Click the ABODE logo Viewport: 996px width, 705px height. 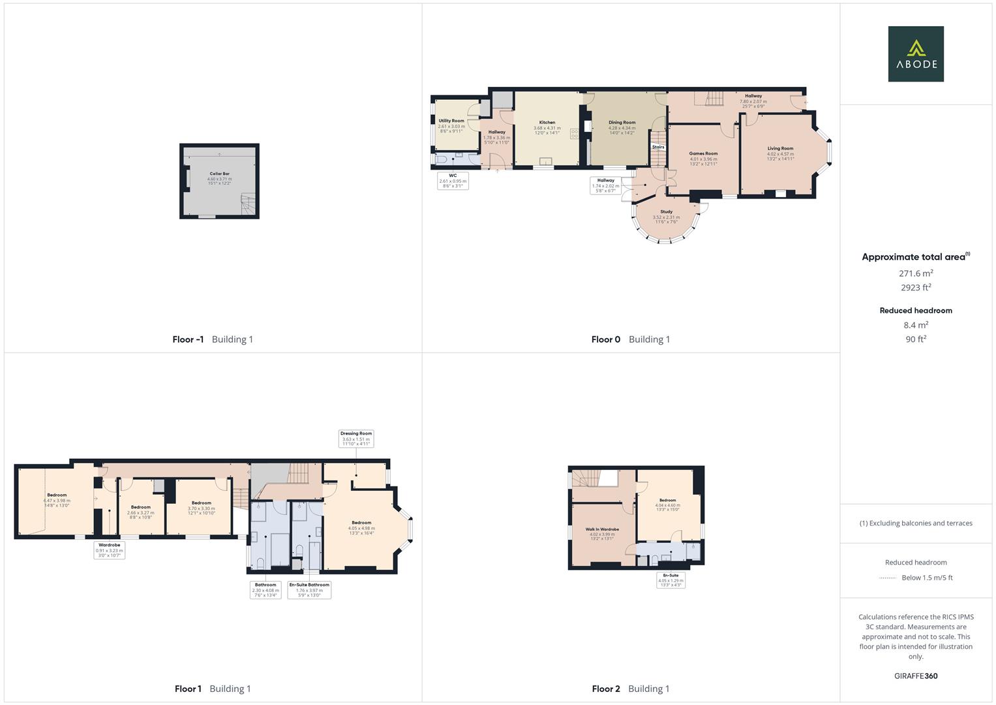click(x=916, y=54)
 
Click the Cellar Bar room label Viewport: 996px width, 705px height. click(x=219, y=174)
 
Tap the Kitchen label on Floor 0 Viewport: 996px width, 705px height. click(x=547, y=123)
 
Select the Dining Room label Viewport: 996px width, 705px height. click(x=622, y=123)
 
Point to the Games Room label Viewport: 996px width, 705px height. click(x=703, y=154)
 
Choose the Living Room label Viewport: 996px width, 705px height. click(x=780, y=149)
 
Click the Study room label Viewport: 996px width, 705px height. click(x=666, y=212)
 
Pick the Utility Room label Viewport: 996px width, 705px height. click(x=451, y=121)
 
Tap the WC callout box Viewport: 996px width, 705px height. click(x=453, y=180)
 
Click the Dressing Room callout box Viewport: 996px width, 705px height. click(x=356, y=438)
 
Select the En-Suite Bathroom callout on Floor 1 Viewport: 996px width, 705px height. click(x=309, y=590)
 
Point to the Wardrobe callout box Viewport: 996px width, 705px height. click(x=109, y=550)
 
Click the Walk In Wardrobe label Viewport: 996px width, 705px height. click(x=602, y=529)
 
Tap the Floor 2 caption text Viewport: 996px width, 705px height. click(x=606, y=689)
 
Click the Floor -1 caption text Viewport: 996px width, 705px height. click(x=188, y=339)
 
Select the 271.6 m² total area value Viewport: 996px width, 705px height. click(x=916, y=274)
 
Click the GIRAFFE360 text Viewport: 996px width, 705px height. click(x=916, y=676)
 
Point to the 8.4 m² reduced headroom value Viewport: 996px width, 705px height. click(x=916, y=325)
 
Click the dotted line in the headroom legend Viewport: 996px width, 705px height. click(x=888, y=578)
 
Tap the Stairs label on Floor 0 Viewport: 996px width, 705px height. click(x=658, y=147)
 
